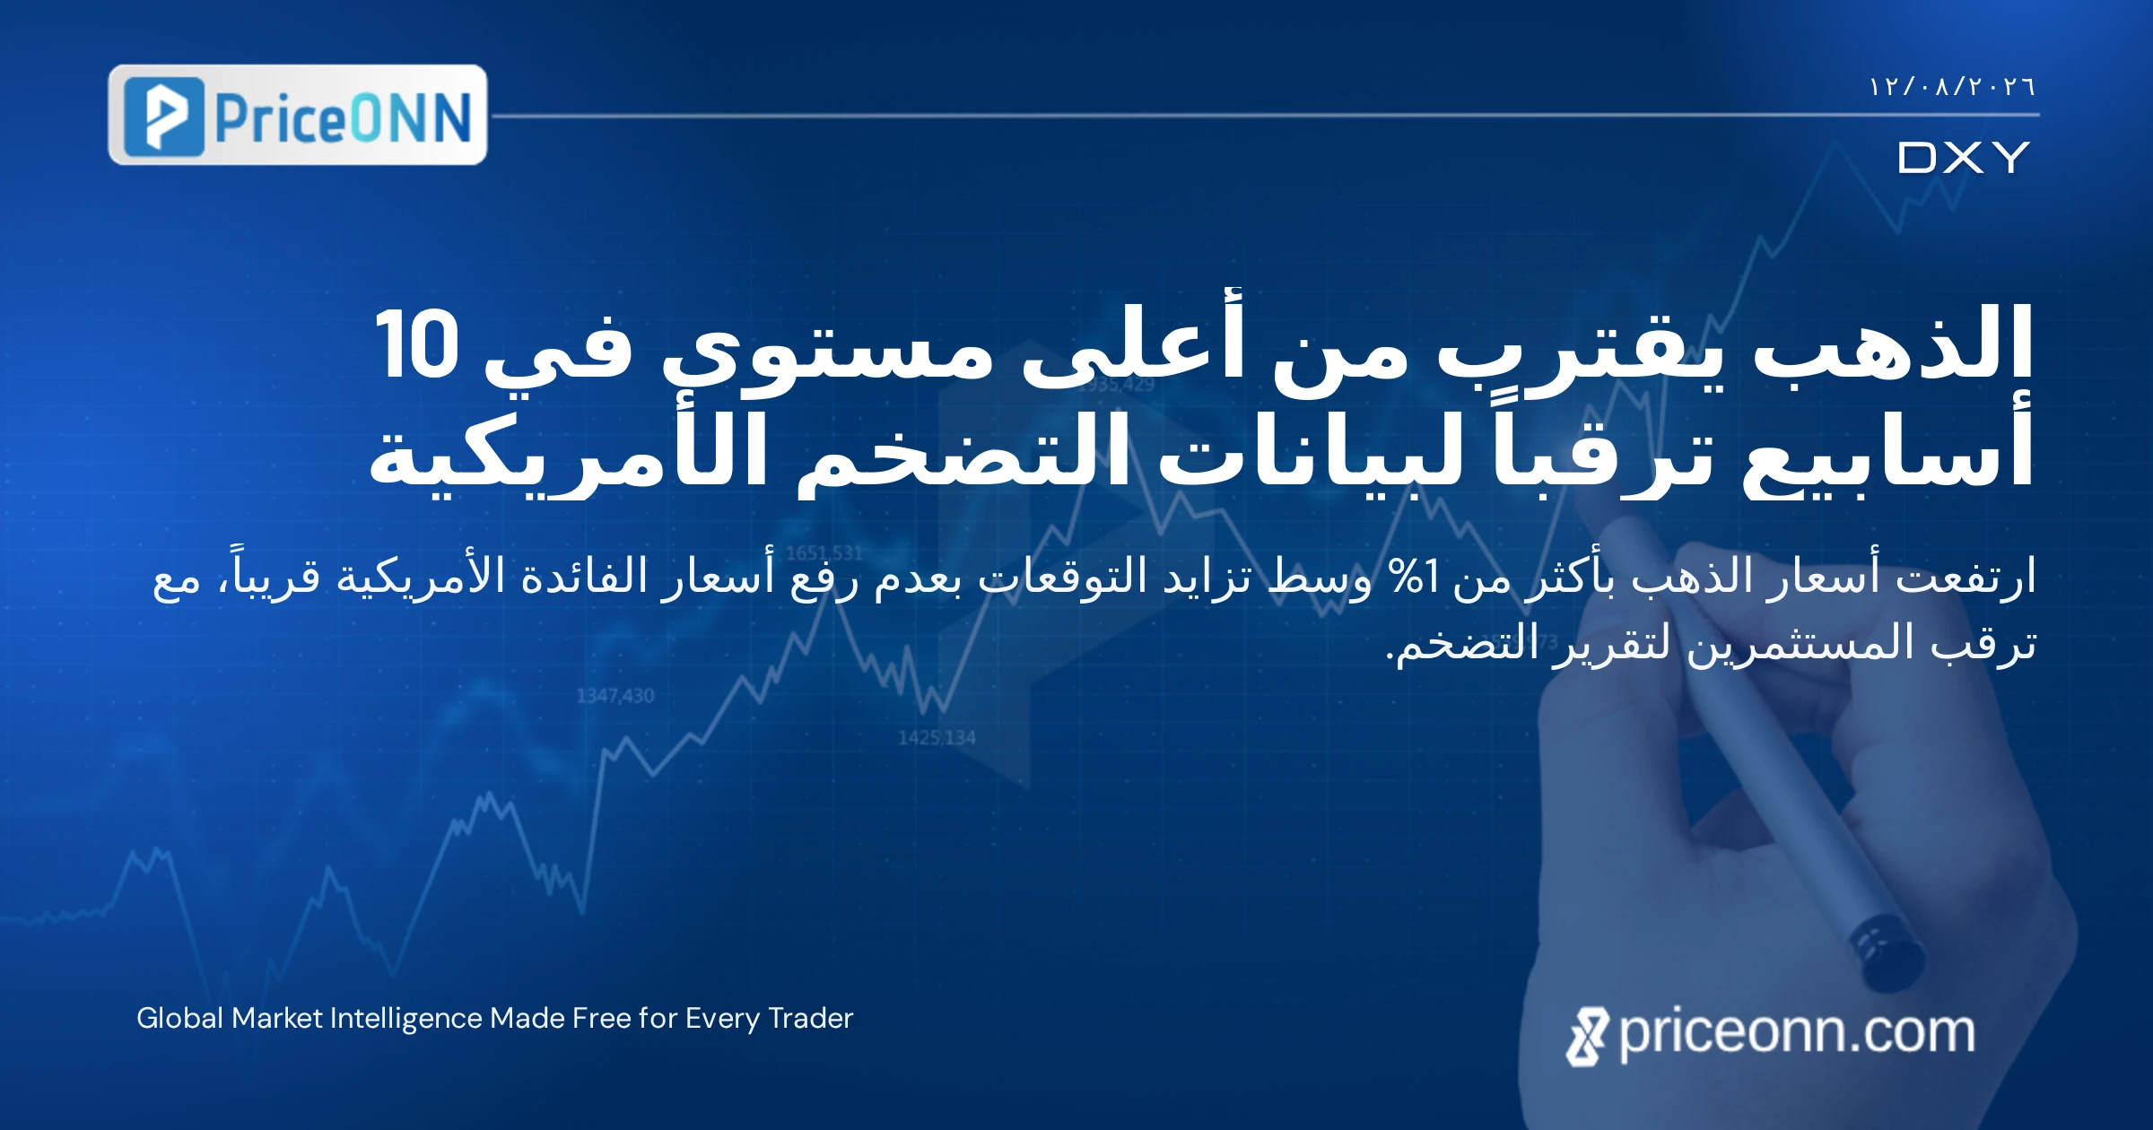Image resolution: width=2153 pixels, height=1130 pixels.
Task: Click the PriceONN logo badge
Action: click(298, 115)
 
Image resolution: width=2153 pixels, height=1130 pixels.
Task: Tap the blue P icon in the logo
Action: click(164, 117)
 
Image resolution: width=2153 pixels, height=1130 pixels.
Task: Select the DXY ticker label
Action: click(1964, 158)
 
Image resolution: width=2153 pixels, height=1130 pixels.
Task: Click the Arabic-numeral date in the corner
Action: click(1952, 87)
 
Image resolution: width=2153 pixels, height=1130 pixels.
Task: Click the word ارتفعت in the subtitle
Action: click(1966, 576)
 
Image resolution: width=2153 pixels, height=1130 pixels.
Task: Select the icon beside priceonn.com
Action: click(1587, 1037)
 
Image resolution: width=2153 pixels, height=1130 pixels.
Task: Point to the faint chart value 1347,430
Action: click(615, 696)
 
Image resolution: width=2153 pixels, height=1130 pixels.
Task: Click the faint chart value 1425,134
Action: click(937, 738)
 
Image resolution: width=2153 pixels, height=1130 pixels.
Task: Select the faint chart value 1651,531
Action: click(824, 553)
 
